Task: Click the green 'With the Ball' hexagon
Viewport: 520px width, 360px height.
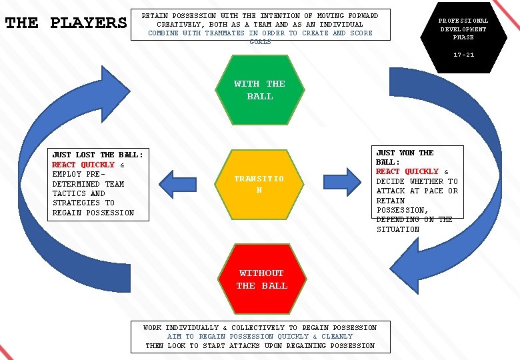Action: (x=259, y=90)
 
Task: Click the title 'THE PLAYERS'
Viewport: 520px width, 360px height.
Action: (x=66, y=23)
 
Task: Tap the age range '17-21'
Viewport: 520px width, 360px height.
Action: (x=463, y=55)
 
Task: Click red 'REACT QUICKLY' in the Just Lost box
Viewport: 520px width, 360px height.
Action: (x=83, y=165)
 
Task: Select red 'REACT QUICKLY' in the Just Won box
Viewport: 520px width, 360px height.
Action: (x=407, y=171)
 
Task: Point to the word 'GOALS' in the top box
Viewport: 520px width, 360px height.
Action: (x=260, y=41)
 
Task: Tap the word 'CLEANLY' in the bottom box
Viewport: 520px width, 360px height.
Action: (x=337, y=337)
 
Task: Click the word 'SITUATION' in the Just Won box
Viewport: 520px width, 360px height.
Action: (x=398, y=229)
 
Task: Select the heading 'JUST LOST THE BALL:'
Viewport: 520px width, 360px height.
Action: (x=97, y=155)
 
